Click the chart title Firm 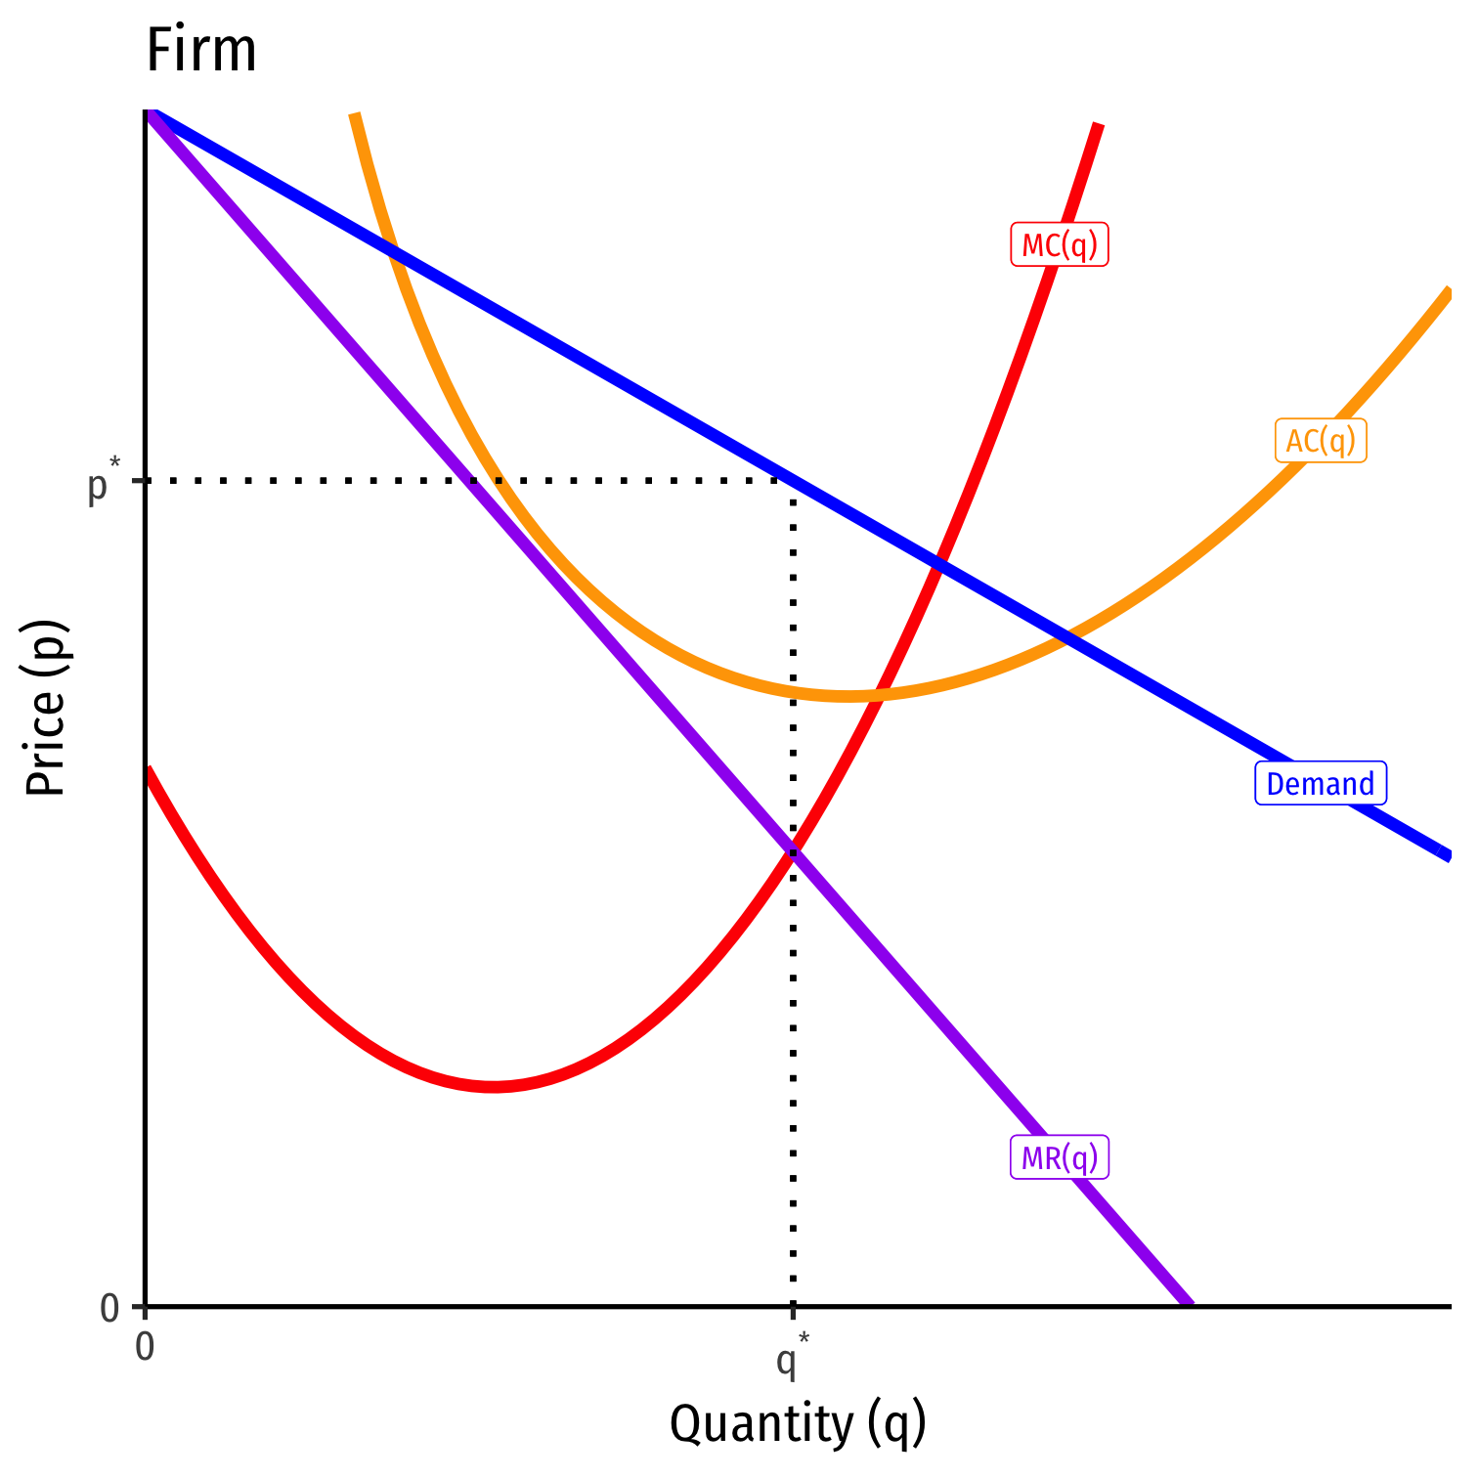pyautogui.click(x=200, y=51)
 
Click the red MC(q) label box pyautogui.click(x=1060, y=244)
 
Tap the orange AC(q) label pyautogui.click(x=1321, y=441)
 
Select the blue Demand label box pyautogui.click(x=1320, y=784)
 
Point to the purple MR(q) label pyautogui.click(x=1060, y=1158)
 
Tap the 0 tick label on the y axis pyautogui.click(x=109, y=1308)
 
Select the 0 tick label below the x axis pyautogui.click(x=145, y=1347)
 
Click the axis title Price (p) pyautogui.click(x=46, y=708)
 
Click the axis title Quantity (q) pyautogui.click(x=798, y=1423)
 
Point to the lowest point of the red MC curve pyautogui.click(x=494, y=1086)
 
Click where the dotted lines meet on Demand pyautogui.click(x=793, y=481)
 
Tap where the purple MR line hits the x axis pyautogui.click(x=1190, y=1305)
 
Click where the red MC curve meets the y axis pyautogui.click(x=147, y=769)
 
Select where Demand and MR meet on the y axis pyautogui.click(x=147, y=112)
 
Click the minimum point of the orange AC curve pyautogui.click(x=847, y=696)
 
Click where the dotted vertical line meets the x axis pyautogui.click(x=793, y=1306)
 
